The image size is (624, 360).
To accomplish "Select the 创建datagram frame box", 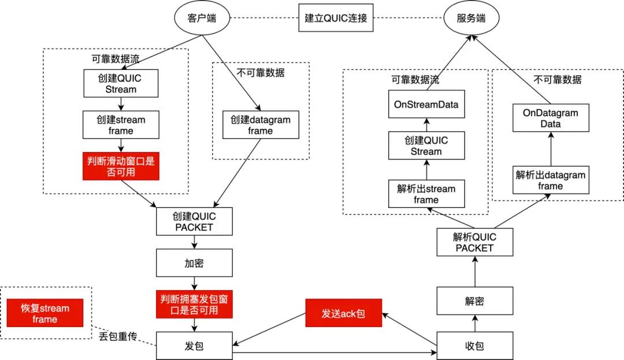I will point(260,125).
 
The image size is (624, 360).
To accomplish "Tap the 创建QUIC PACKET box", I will point(194,221).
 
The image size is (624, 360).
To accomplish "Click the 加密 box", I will point(194,263).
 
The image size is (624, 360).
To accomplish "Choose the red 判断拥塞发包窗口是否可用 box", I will point(194,305).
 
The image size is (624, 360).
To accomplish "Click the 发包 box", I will point(194,346).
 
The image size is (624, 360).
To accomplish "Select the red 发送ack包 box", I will point(344,313).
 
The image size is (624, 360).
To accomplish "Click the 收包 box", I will point(474,346).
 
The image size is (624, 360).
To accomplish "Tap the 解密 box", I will point(474,300).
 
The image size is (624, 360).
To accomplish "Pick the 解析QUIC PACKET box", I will point(474,242).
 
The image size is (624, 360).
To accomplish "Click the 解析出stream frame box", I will point(426,194).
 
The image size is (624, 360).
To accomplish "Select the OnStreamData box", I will point(426,105).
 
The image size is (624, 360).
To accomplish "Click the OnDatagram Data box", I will point(551,118).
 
